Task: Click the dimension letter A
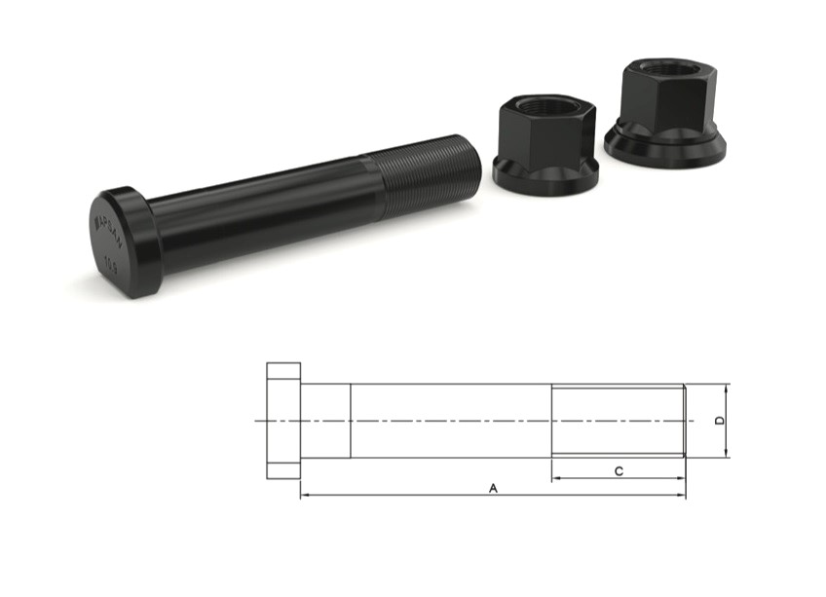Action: (493, 487)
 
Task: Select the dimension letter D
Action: (719, 420)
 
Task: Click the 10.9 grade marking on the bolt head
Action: (109, 263)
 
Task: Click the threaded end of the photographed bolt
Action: (430, 171)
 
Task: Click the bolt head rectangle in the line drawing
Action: (283, 420)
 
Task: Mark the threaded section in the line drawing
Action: (618, 420)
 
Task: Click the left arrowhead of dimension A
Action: (303, 496)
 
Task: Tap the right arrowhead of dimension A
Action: (682, 496)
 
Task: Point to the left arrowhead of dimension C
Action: (555, 479)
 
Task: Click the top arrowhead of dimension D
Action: (728, 388)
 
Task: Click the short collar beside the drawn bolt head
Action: (325, 420)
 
